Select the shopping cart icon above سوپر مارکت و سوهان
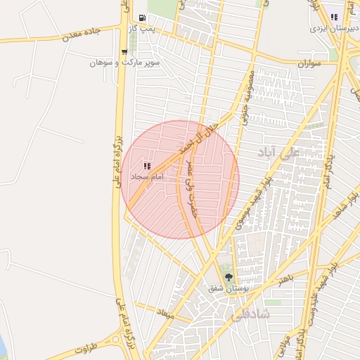pyautogui.click(x=124, y=51)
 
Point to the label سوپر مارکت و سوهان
pyautogui.click(x=125, y=63)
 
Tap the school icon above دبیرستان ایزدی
pyautogui.click(x=335, y=18)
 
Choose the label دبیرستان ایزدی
pyautogui.click(x=334, y=30)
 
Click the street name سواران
pyautogui.click(x=309, y=64)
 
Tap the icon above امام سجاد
pyautogui.click(x=147, y=166)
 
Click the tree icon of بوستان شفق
pyautogui.click(x=227, y=276)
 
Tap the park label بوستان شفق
pyautogui.click(x=225, y=288)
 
